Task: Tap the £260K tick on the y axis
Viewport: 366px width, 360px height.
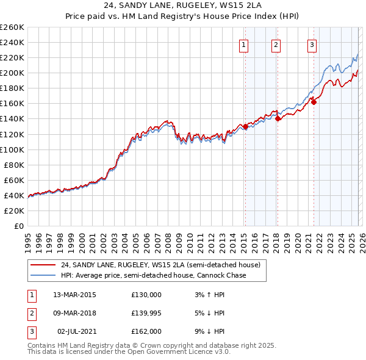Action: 12,27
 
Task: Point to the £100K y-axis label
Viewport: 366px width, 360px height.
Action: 12,149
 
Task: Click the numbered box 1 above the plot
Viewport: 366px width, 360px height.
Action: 244,44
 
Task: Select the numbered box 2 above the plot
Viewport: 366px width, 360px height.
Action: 276,44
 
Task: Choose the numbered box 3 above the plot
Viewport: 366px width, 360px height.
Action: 312,44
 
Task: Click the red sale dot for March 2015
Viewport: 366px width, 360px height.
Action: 245,126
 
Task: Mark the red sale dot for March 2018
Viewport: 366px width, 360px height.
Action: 278,119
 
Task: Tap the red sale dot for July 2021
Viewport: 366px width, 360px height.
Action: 314,102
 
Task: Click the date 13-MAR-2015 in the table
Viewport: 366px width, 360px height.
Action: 74,295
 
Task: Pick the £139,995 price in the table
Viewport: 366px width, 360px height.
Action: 146,313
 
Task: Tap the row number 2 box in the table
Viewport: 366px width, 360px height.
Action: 31,313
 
